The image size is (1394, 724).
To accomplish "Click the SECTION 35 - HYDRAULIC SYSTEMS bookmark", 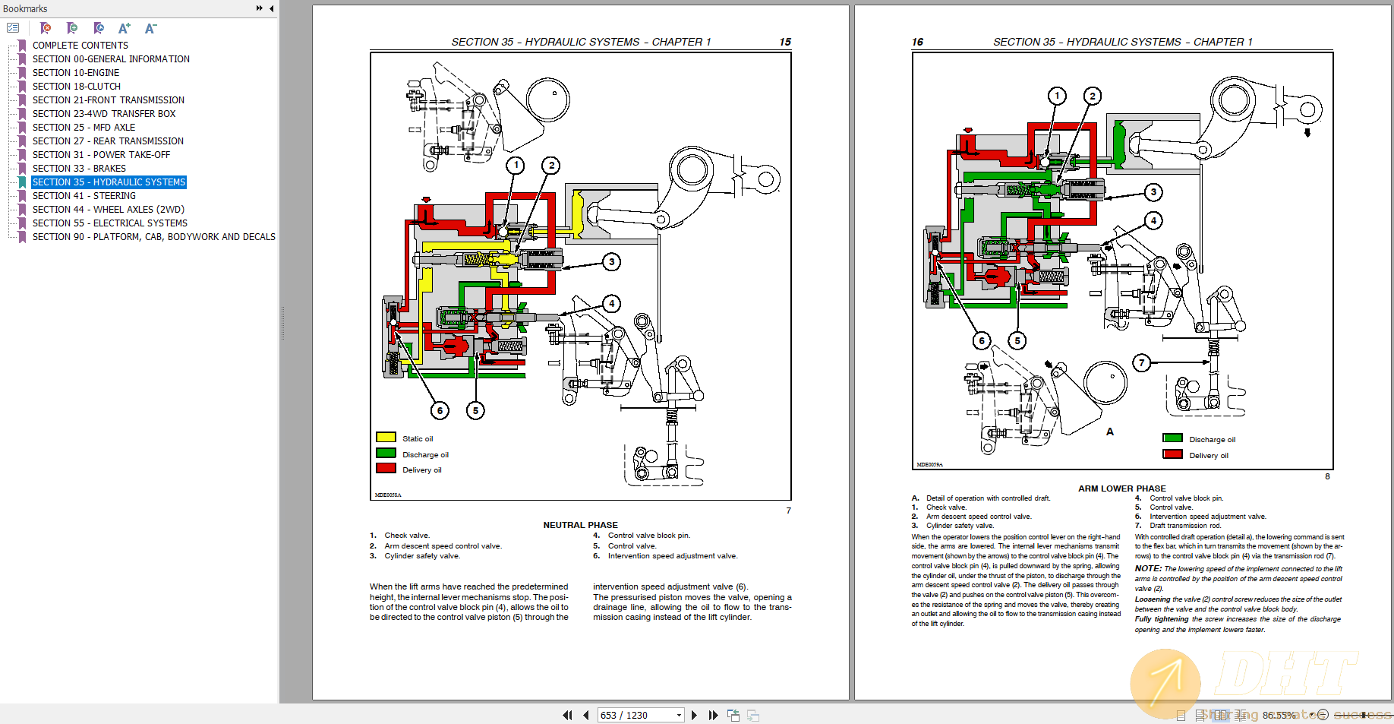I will (x=109, y=182).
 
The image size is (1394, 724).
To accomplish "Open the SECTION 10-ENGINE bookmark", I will (x=75, y=73).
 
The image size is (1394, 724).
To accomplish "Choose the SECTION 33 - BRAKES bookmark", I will (x=79, y=169).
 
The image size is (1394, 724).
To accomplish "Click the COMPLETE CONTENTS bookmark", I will (x=80, y=46).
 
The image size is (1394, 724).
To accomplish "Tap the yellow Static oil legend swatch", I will (x=386, y=438).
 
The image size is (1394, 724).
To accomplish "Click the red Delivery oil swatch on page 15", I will (x=386, y=469).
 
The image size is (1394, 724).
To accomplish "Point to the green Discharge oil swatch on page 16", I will (x=1173, y=438).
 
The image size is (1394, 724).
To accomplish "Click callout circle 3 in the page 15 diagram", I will (x=612, y=262).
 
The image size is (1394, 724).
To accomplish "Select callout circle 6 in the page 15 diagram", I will (x=440, y=411).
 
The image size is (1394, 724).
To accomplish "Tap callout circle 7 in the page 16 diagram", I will (x=1141, y=363).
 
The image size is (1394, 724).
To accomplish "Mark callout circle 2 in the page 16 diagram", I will (x=1093, y=96).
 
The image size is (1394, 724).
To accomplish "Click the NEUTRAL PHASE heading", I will (x=580, y=525).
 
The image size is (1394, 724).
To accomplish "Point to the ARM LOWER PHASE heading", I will (x=1121, y=488).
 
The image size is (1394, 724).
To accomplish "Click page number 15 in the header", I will (x=785, y=42).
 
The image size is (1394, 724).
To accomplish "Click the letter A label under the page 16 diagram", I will (x=1109, y=432).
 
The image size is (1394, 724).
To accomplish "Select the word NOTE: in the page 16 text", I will (x=1148, y=568).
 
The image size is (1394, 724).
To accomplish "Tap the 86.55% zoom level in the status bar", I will (x=1279, y=715).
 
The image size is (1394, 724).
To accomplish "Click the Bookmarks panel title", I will (x=25, y=8).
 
